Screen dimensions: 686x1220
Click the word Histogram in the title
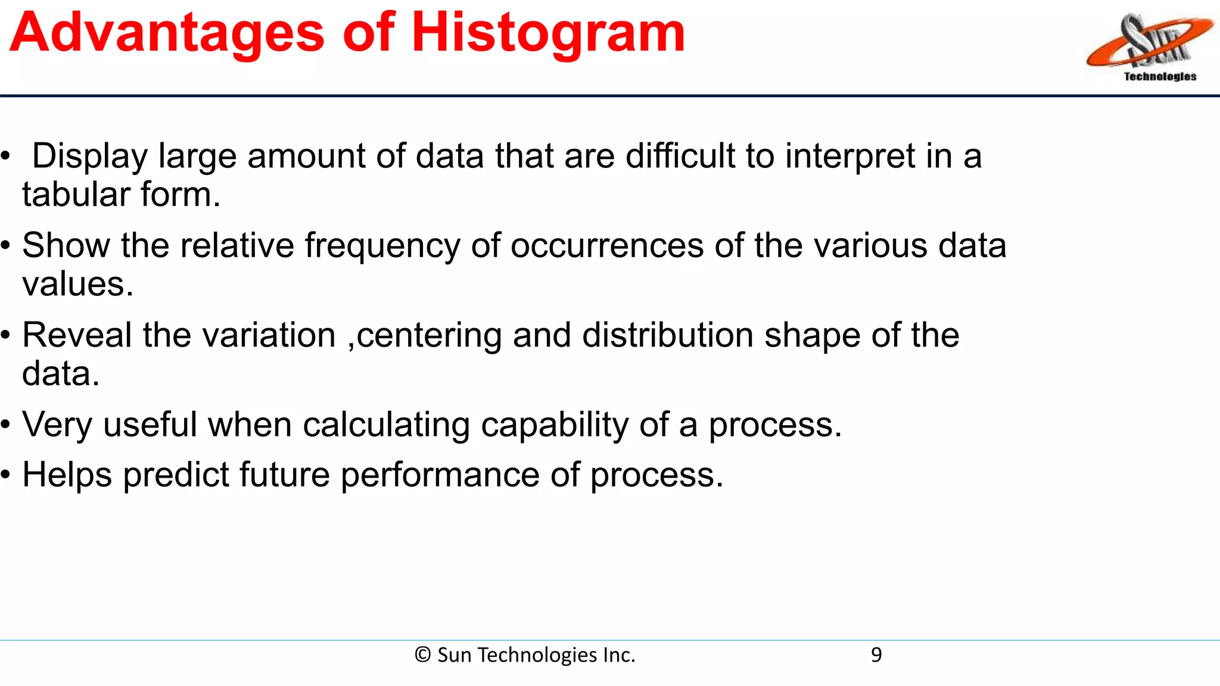click(x=548, y=33)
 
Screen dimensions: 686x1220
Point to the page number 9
click(x=876, y=655)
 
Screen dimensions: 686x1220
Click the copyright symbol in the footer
click(x=422, y=655)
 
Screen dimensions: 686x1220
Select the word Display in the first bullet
click(x=89, y=157)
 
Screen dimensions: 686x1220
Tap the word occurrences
click(x=606, y=246)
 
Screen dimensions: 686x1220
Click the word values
click(x=77, y=284)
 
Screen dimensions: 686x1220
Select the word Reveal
click(x=77, y=335)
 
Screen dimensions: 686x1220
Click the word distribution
click(x=668, y=335)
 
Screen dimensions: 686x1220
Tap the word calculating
click(x=386, y=426)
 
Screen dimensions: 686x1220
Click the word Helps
click(x=67, y=476)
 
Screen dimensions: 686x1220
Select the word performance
click(x=440, y=476)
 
